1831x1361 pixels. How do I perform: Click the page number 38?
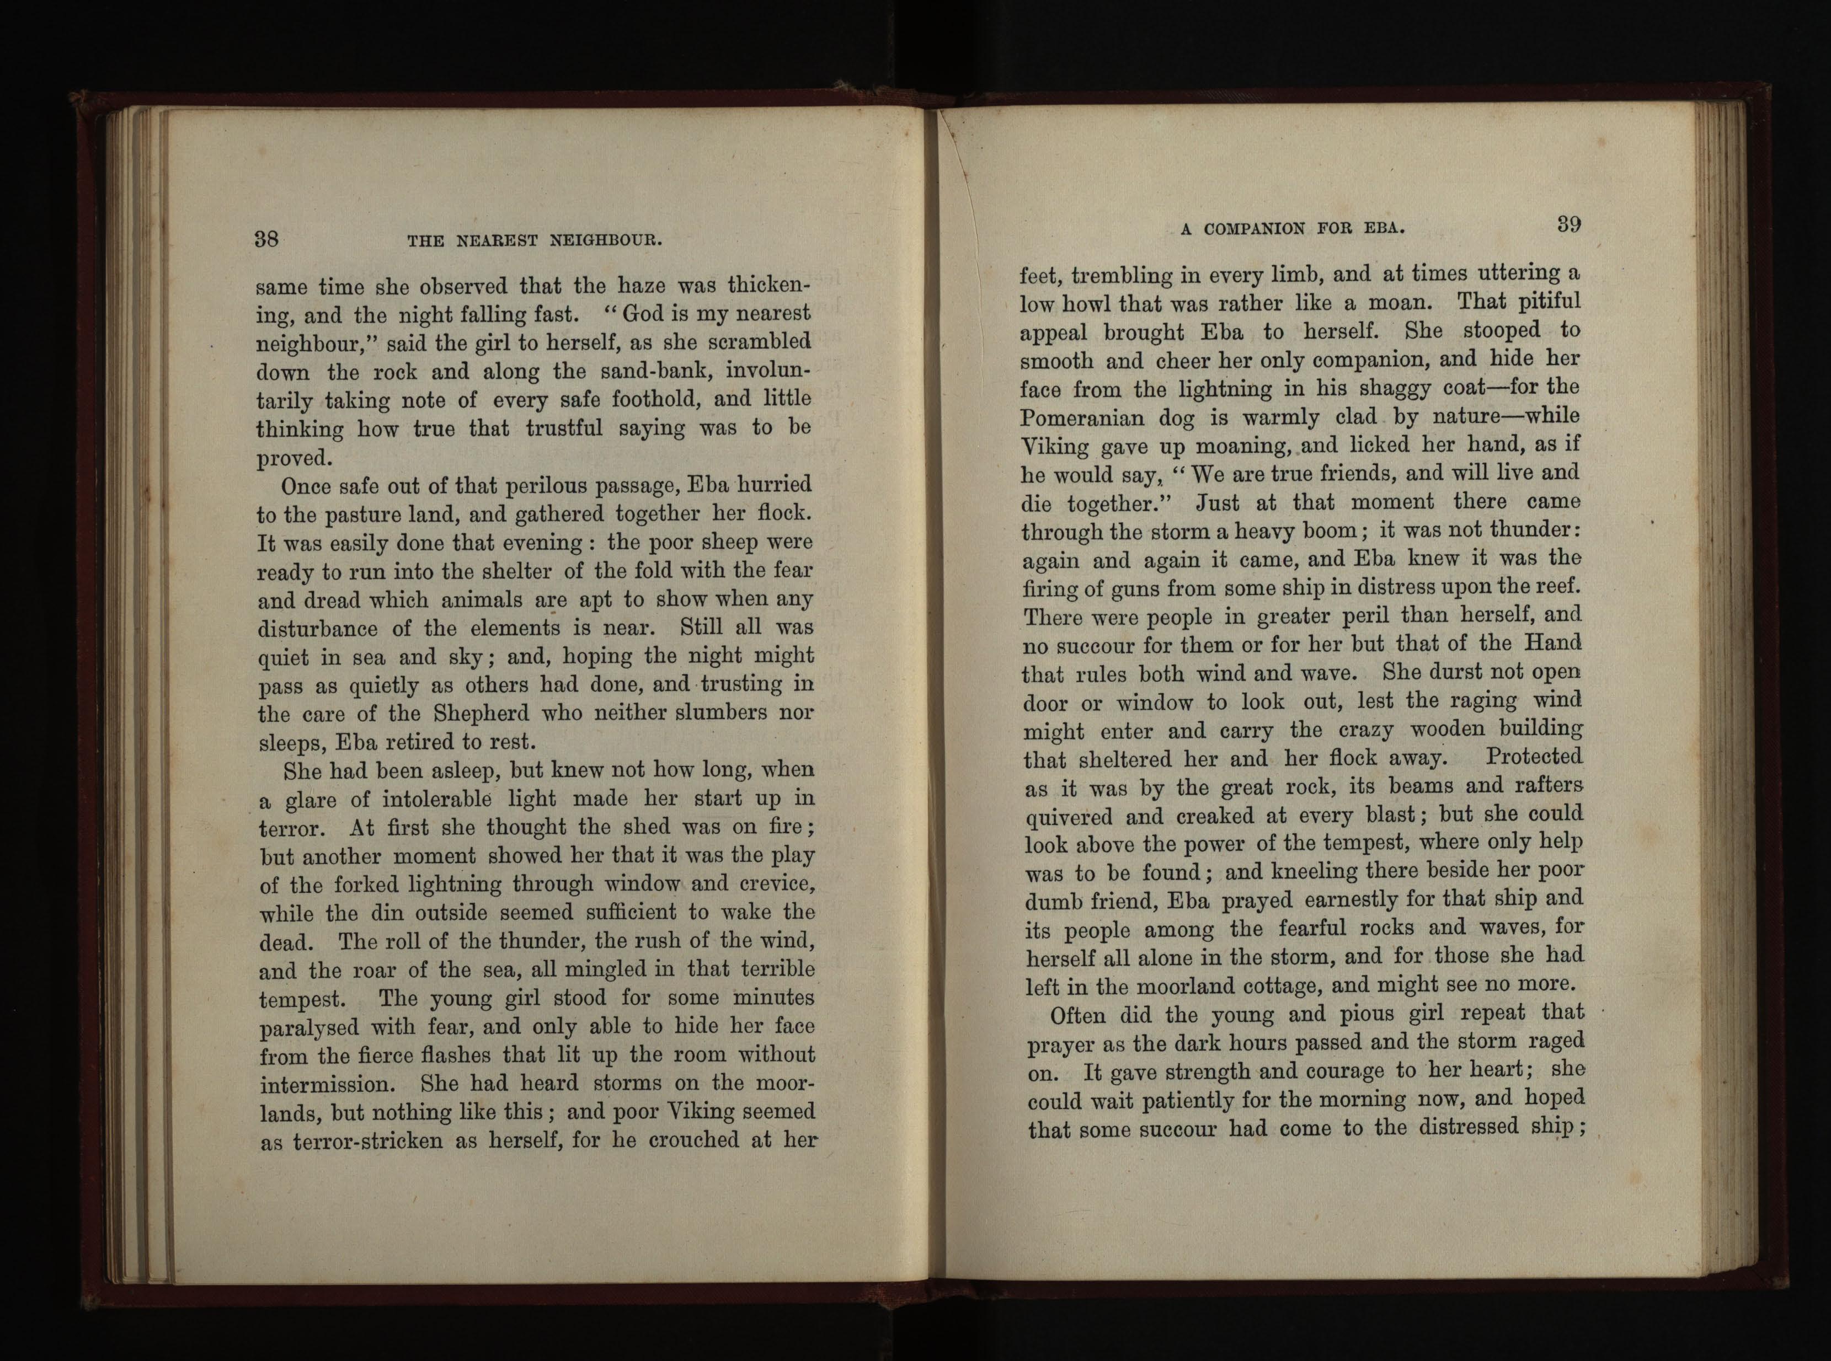[x=266, y=239]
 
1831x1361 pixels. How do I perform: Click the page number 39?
[x=1568, y=225]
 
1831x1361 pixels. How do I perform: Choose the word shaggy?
[x=1420, y=389]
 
